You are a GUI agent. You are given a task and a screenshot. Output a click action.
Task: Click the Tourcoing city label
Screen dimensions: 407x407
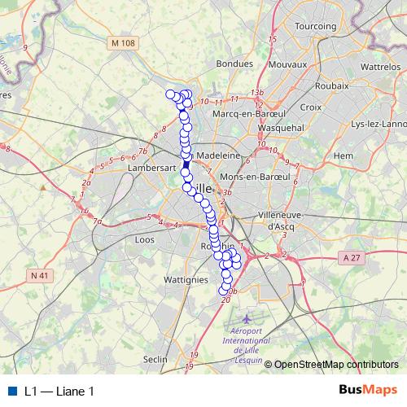[315, 26]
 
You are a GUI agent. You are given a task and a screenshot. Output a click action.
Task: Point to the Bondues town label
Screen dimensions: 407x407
[236, 63]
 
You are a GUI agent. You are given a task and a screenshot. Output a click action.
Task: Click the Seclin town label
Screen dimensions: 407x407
[155, 359]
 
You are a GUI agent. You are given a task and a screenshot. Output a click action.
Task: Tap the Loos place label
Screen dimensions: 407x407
[143, 240]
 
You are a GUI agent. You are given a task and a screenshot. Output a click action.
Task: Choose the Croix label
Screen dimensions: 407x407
[311, 107]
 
